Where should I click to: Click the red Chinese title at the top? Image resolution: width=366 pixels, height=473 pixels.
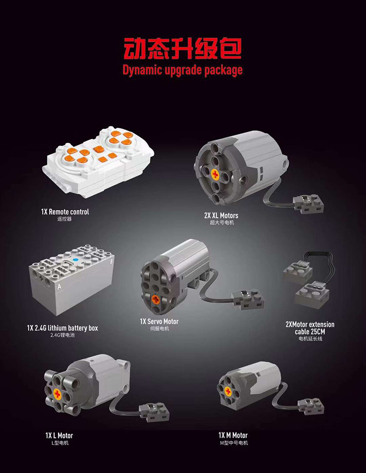pos(182,49)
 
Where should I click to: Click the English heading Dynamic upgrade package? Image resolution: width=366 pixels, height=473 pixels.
pos(182,70)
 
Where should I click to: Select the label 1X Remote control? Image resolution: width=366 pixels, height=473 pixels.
pos(65,212)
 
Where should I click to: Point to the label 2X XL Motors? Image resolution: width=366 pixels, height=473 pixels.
pos(221,215)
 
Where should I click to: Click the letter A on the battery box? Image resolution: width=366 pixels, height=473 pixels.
pos(59,287)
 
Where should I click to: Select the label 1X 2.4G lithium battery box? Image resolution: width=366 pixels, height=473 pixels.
pos(62,328)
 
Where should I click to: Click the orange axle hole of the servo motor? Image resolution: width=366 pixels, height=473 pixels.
pos(155,299)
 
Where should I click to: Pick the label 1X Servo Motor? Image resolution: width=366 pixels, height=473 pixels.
pos(159,321)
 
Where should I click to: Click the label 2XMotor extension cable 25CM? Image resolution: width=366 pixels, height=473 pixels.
pos(310,328)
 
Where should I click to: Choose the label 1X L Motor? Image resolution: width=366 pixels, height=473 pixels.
pos(59,435)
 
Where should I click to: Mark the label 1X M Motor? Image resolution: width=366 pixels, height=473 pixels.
pos(233,435)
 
